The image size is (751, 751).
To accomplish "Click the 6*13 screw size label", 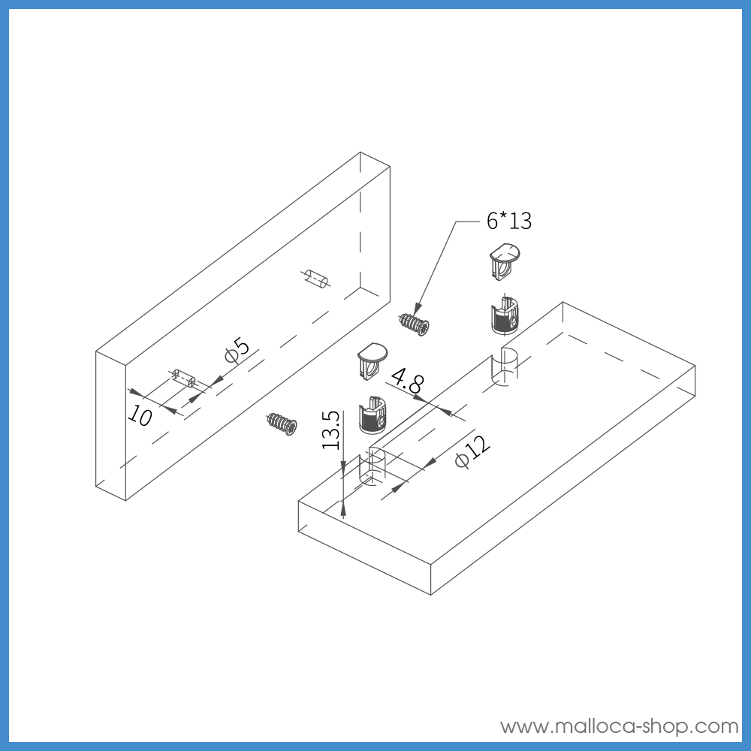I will coord(508,221).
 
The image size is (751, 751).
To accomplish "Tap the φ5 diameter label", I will coord(237,351).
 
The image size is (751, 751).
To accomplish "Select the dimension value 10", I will coord(140,414).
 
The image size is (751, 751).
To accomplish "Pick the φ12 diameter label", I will coord(472,451).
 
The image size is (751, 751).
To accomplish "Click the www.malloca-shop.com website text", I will coord(620,726).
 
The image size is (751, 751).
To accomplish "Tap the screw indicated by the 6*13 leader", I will coord(415,324).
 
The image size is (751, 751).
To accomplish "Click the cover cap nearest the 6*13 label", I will coord(503,260).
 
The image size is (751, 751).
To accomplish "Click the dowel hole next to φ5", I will coord(183,377).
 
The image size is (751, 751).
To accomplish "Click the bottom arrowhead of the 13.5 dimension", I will coord(344,510).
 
